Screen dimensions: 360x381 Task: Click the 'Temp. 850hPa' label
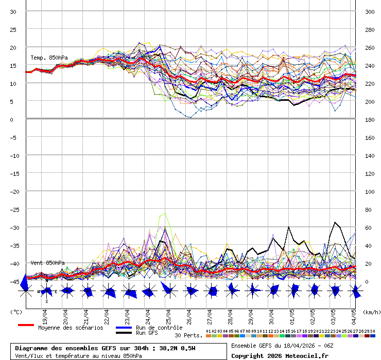[x=49, y=58]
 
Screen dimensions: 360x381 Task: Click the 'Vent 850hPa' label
[x=48, y=263]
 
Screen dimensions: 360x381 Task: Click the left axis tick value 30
[x=13, y=11]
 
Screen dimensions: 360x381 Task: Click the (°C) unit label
[x=16, y=312]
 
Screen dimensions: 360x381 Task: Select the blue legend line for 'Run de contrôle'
[x=124, y=328]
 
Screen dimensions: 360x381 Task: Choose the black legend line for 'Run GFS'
[x=124, y=333]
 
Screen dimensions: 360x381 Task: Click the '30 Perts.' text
[x=188, y=335]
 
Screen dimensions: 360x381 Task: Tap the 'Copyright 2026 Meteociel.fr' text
[x=280, y=355]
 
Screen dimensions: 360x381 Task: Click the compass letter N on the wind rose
[x=46, y=281]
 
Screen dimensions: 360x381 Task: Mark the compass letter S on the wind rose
[x=46, y=301]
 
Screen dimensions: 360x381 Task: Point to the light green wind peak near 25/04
[x=165, y=213]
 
